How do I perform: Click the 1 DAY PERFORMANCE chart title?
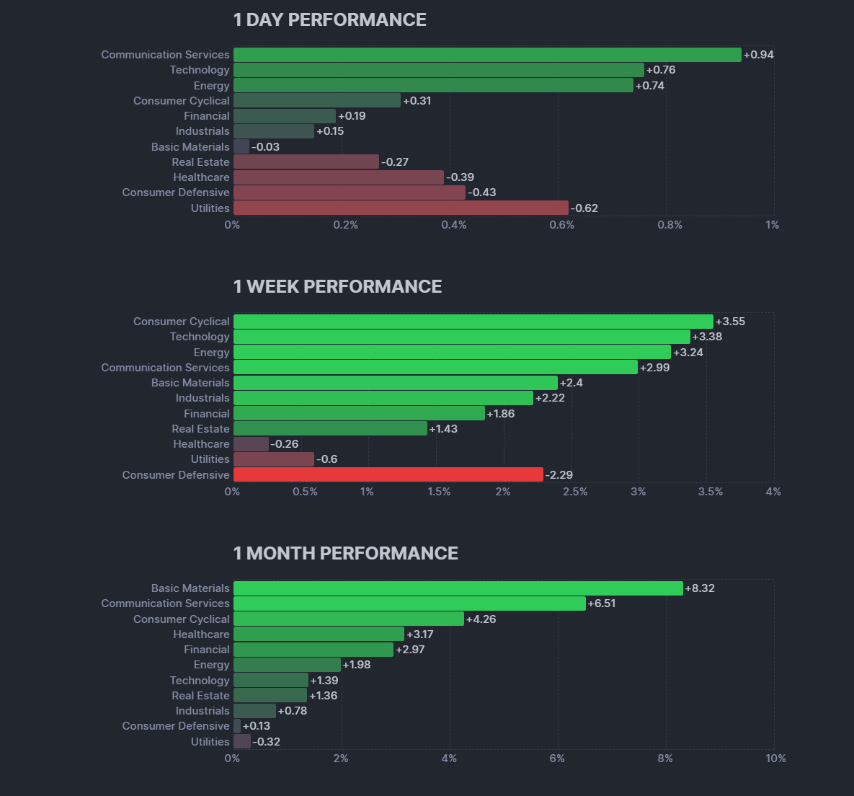coord(329,20)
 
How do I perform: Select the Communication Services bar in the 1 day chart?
coord(487,55)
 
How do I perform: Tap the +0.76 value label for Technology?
coord(661,70)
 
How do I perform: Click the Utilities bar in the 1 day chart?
coord(401,208)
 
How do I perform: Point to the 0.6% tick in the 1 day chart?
coord(561,225)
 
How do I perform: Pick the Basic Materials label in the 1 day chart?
coord(190,147)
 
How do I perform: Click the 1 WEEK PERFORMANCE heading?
coord(337,287)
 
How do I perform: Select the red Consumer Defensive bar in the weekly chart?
coord(388,475)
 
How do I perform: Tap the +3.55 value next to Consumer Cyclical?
coord(730,322)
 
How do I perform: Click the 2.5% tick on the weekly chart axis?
coord(574,492)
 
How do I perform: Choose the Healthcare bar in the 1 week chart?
coord(251,444)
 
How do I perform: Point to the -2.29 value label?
coord(559,475)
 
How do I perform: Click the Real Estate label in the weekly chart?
coord(200,429)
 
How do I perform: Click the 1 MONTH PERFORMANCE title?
coord(345,554)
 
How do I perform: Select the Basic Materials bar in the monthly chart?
coord(458,588)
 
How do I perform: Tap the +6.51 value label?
coord(602,603)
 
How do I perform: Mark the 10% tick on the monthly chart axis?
coord(775,759)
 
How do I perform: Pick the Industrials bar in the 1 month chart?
coord(254,711)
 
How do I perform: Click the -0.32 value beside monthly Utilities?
coord(266,742)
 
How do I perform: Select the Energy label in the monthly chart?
coord(211,665)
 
